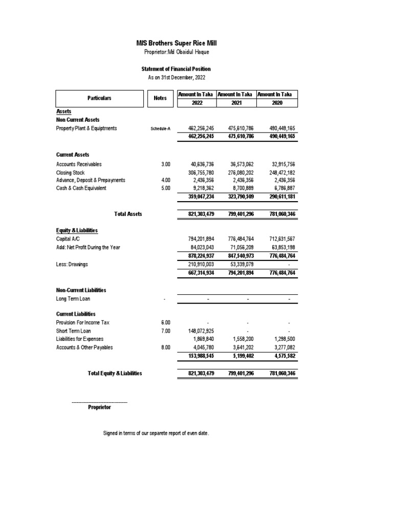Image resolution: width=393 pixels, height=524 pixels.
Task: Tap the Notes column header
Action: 160,98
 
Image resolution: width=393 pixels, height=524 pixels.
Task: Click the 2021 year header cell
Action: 236,103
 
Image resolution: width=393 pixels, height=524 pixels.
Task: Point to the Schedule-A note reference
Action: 161,128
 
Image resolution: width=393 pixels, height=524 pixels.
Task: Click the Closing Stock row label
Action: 71,173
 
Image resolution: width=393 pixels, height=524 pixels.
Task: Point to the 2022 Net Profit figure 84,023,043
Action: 200,248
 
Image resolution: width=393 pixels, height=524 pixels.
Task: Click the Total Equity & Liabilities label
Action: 115,374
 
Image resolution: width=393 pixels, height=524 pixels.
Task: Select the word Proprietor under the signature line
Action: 99,407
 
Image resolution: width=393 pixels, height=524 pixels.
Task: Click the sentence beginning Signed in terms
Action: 156,433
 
